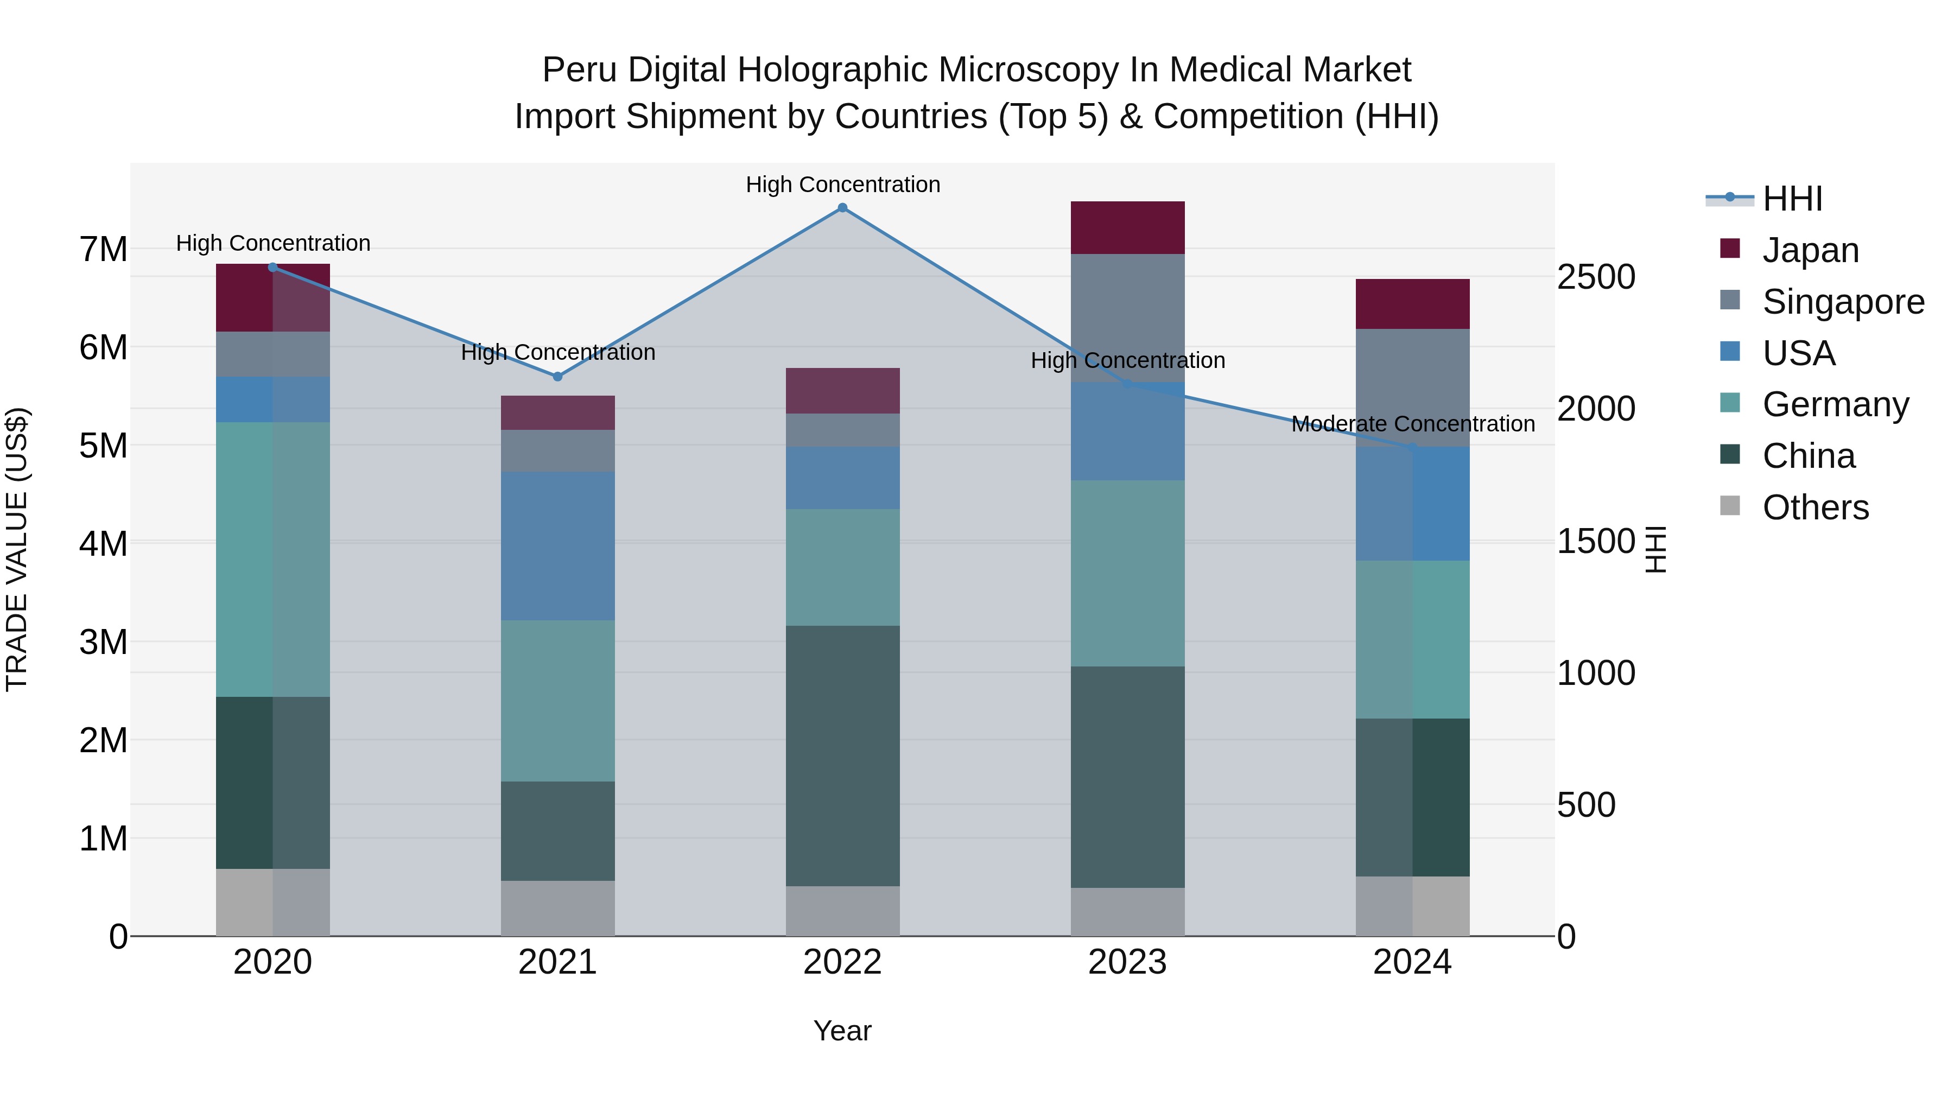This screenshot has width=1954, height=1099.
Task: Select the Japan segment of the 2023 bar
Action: click(1127, 227)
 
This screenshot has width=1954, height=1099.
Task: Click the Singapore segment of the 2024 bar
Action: click(1412, 387)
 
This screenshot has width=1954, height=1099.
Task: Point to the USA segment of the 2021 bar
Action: click(557, 546)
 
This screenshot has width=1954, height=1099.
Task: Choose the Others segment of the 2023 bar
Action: click(1127, 912)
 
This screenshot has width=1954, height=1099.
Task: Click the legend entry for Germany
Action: click(1835, 404)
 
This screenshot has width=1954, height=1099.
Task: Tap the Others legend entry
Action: click(1815, 507)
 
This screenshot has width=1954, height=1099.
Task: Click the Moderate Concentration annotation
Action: click(1412, 424)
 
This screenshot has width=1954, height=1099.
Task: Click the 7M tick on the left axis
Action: click(103, 250)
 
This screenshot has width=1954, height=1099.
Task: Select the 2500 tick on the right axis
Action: click(1595, 277)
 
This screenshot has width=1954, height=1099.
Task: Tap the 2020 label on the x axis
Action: click(272, 962)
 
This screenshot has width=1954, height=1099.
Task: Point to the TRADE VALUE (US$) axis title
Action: click(17, 549)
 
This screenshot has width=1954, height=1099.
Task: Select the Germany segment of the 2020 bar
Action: click(272, 559)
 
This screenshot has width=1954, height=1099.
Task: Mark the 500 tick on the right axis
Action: click(1585, 805)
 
